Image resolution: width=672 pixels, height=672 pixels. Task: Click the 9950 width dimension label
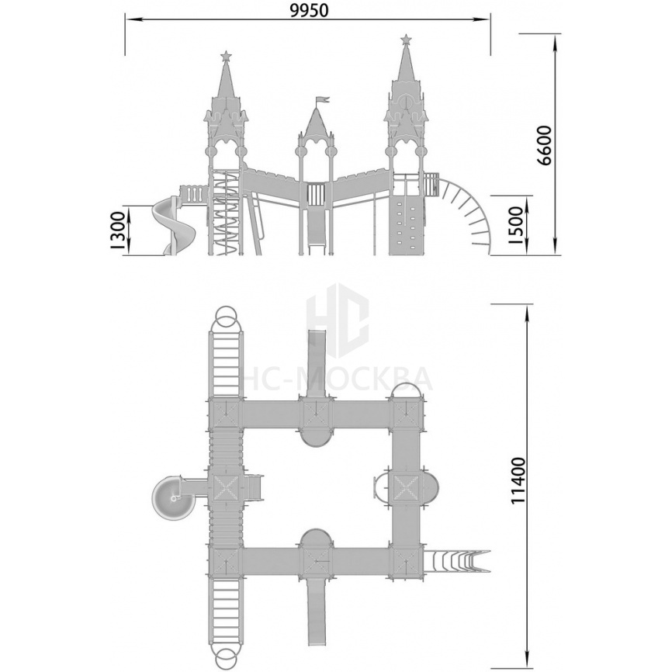point(309,10)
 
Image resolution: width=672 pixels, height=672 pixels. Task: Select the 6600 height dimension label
point(546,145)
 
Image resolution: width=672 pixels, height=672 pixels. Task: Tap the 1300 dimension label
point(117,230)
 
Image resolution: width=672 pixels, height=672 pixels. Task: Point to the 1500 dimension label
point(517,226)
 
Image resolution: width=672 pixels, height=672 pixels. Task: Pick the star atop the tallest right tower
point(405,40)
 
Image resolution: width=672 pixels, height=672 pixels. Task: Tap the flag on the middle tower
point(323,100)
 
